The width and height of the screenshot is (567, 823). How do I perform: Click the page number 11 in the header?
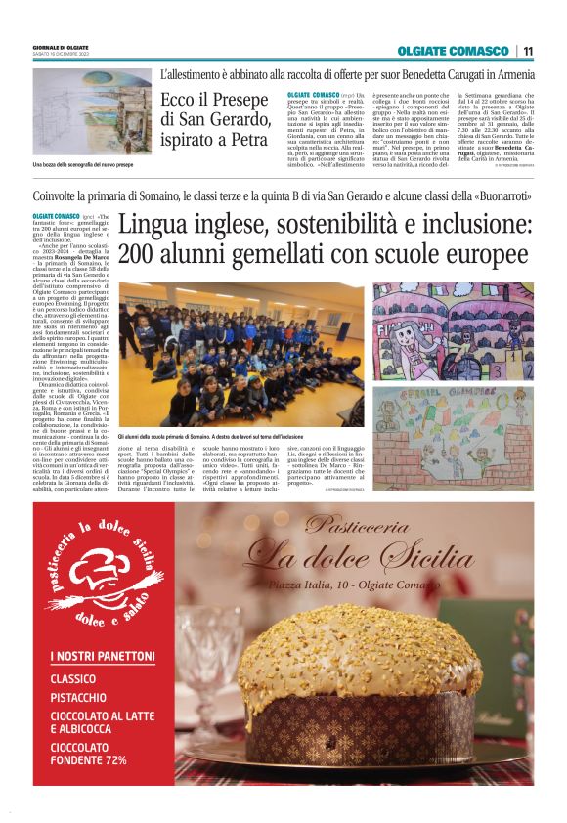(x=528, y=51)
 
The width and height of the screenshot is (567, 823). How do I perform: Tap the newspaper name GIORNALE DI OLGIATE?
(x=61, y=47)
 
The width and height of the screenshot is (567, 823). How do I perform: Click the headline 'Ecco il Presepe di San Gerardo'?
(x=217, y=120)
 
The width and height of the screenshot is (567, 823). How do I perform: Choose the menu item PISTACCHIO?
(x=79, y=698)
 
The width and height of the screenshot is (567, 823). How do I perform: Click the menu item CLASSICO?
(x=73, y=677)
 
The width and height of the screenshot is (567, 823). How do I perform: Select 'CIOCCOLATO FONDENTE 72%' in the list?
(x=89, y=752)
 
